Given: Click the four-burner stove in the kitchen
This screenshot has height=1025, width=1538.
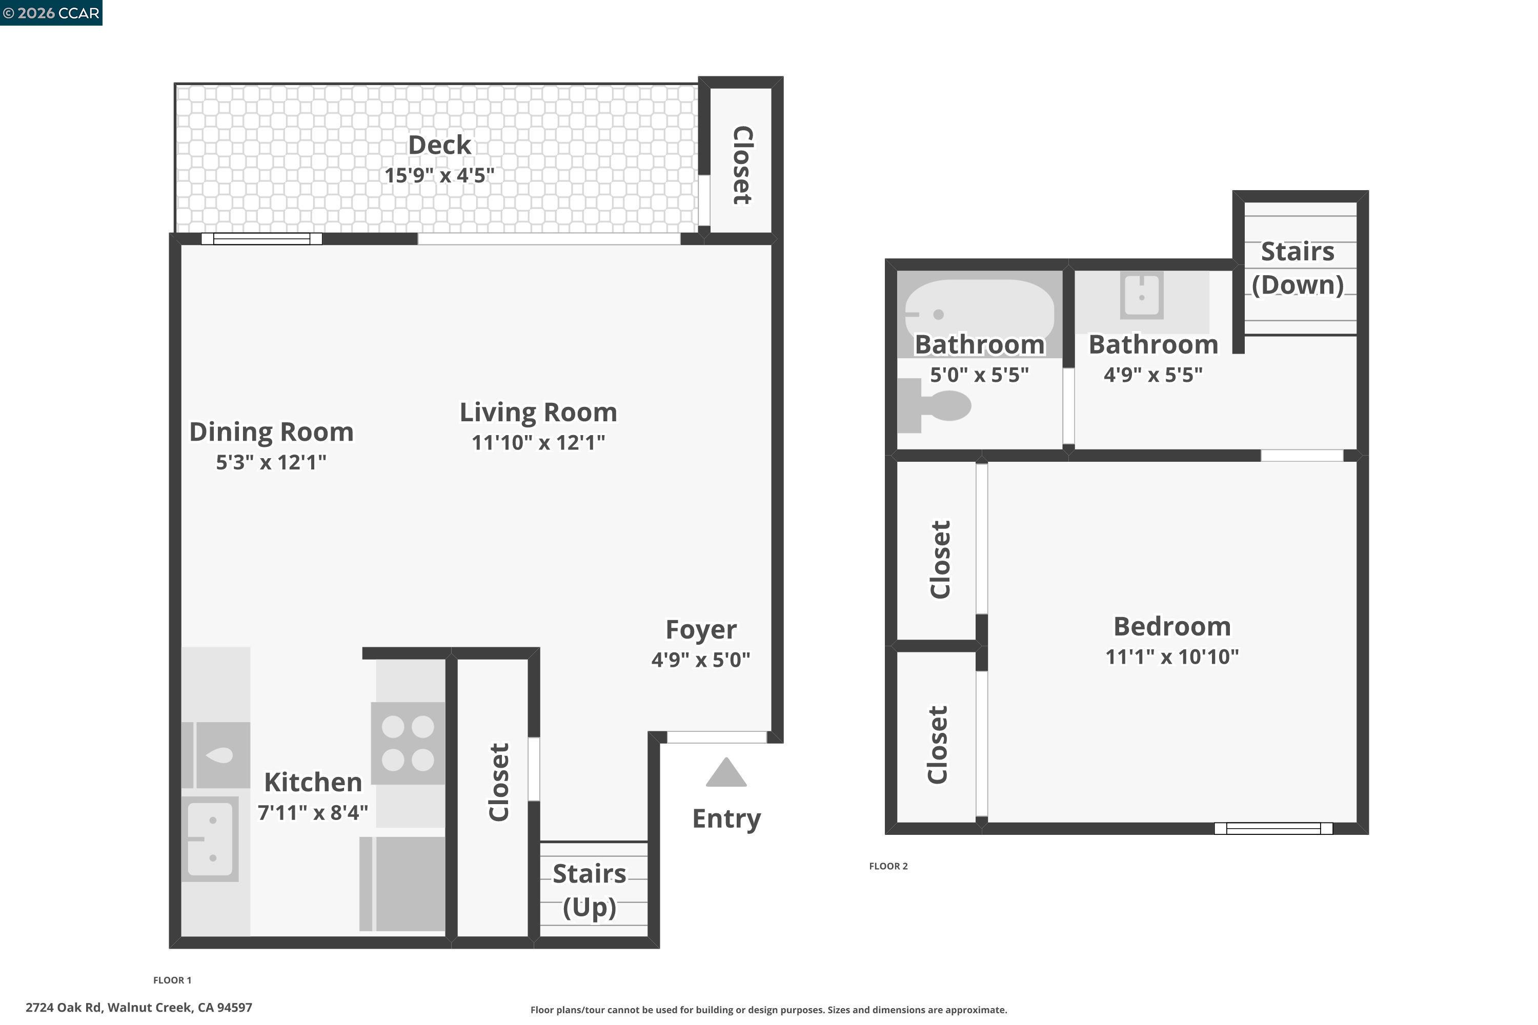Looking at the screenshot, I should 408,743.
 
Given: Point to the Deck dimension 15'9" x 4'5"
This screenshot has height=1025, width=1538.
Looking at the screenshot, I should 439,175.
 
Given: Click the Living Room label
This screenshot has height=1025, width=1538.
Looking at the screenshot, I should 538,413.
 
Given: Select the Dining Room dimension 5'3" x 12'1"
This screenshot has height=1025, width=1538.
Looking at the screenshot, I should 271,462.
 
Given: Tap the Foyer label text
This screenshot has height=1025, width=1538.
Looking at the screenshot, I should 701,629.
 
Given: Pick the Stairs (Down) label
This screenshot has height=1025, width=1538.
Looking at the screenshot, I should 1298,268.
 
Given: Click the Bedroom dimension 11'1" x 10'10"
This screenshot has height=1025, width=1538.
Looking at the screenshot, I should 1172,657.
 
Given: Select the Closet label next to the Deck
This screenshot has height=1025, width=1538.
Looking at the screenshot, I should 741,165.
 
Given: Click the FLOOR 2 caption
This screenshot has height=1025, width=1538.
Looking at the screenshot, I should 888,866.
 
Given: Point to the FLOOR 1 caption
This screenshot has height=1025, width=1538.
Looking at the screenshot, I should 172,980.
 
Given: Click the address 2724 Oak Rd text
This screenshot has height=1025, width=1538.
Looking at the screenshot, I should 138,1008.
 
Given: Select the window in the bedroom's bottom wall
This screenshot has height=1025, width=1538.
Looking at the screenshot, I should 1273,828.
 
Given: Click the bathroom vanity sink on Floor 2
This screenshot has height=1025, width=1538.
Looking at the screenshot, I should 1142,296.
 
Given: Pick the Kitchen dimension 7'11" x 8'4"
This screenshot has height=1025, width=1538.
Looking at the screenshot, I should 313,812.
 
